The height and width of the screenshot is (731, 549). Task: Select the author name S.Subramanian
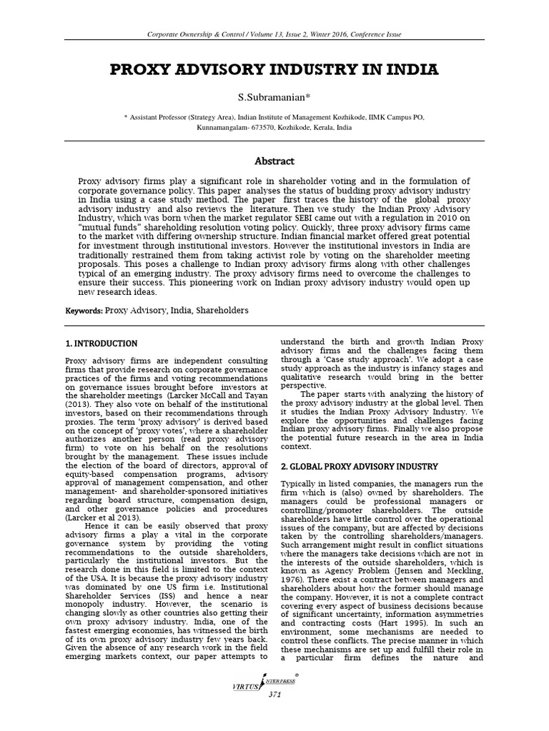pyautogui.click(x=273, y=96)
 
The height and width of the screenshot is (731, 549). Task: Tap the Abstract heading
pyautogui.click(x=274, y=161)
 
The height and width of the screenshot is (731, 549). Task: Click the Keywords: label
pyautogui.click(x=84, y=311)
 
